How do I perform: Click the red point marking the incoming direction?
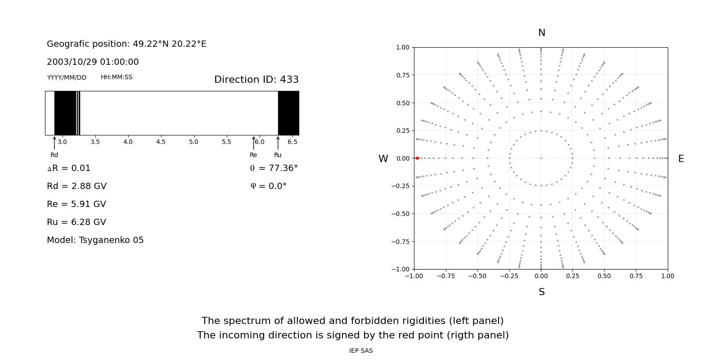[417, 158]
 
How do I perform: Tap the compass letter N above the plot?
[541, 33]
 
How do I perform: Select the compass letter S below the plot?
[541, 292]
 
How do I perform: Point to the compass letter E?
[681, 159]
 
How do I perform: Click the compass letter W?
[383, 159]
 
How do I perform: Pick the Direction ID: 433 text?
[256, 80]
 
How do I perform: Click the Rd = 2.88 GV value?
[76, 186]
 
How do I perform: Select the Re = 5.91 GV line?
[76, 204]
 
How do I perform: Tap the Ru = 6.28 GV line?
[76, 222]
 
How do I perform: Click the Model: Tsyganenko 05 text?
[95, 240]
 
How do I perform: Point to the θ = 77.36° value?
[274, 168]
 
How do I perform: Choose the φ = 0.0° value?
[268, 186]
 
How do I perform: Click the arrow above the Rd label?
[54, 143]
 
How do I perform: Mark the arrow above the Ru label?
[278, 143]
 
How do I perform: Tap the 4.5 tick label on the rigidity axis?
[161, 142]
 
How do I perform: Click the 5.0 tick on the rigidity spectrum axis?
[193, 142]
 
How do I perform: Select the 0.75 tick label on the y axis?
[402, 75]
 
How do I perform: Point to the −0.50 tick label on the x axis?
[477, 276]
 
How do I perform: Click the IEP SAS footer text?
[361, 351]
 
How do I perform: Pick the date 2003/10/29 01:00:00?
[93, 62]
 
